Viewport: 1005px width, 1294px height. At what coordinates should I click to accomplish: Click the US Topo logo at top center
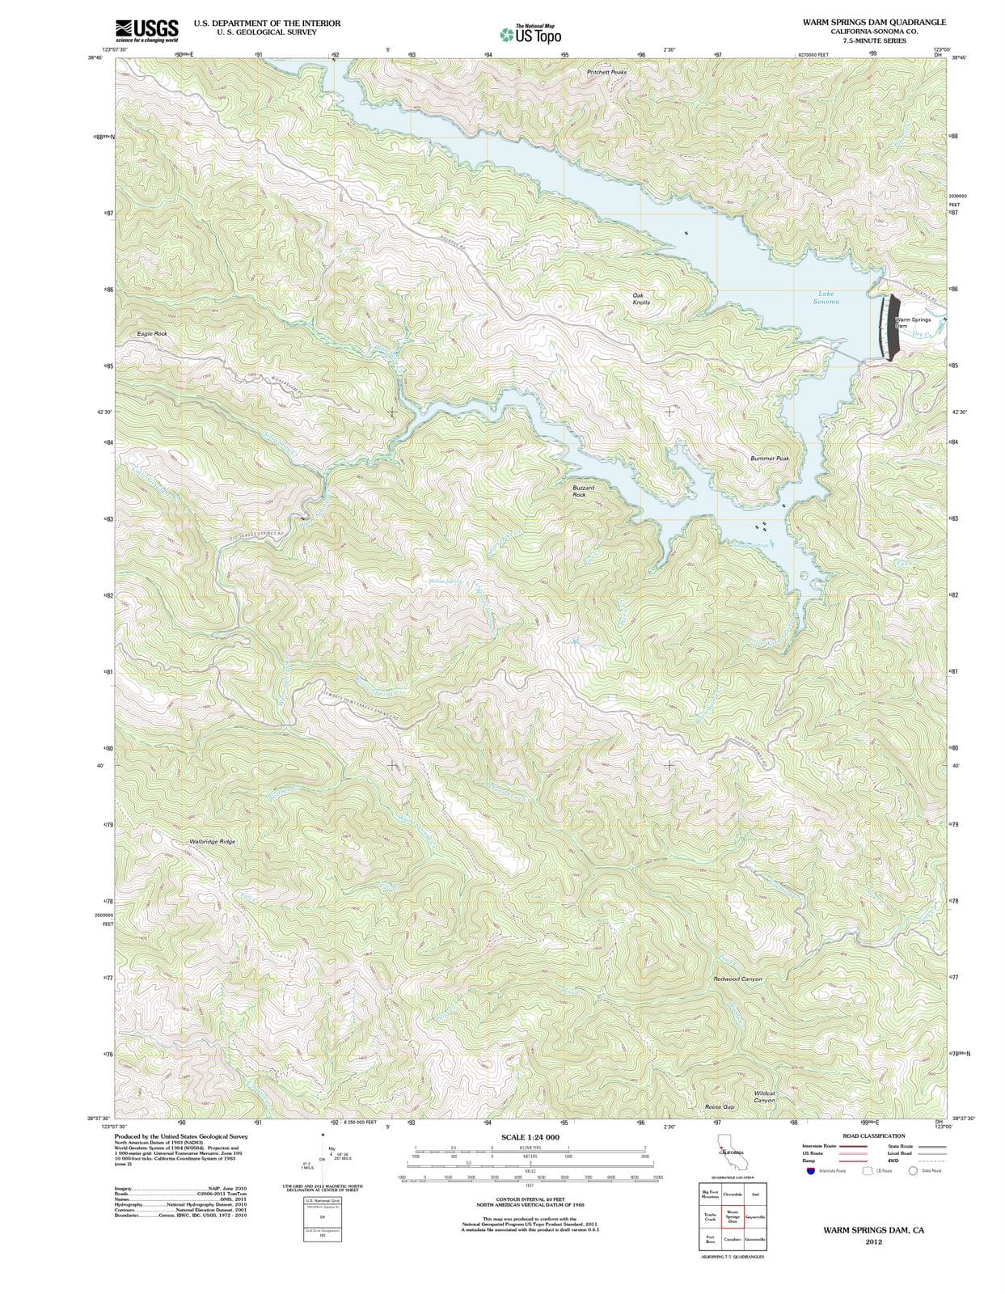[530, 35]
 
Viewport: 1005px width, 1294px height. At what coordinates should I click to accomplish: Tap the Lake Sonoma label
[826, 298]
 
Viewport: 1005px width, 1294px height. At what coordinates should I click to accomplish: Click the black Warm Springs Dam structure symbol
[891, 327]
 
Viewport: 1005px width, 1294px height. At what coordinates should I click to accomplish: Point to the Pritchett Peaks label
[606, 72]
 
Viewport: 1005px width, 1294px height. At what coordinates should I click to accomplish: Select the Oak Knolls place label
[640, 298]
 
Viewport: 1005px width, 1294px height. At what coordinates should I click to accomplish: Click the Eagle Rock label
[152, 333]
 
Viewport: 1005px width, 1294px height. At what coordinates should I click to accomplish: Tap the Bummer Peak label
[769, 459]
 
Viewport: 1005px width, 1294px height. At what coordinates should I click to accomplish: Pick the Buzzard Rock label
[583, 491]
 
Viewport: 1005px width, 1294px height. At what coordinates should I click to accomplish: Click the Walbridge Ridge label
[212, 842]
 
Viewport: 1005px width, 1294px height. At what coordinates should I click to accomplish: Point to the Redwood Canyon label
[737, 979]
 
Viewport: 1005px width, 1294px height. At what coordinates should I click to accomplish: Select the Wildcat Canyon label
[764, 1097]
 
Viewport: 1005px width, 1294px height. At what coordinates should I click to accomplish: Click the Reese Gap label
[720, 1106]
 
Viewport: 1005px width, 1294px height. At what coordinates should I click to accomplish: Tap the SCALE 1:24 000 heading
[530, 1137]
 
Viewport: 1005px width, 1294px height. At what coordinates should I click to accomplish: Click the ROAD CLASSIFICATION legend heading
[873, 1135]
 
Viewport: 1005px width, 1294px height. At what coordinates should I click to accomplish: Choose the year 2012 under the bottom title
[873, 1241]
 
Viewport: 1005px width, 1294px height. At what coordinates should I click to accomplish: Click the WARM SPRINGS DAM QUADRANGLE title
[869, 23]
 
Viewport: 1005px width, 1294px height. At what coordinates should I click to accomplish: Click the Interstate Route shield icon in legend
[810, 1170]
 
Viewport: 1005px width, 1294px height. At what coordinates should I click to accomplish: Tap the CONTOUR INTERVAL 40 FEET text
[530, 1199]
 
